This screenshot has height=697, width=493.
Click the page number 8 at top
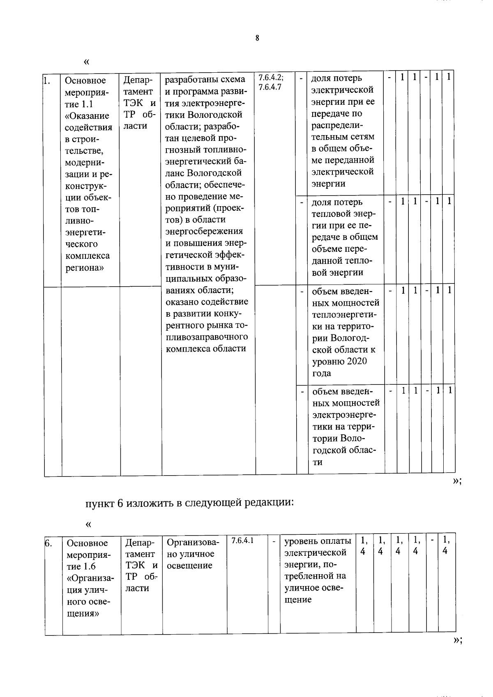257,38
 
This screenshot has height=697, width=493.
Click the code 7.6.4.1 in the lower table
242,541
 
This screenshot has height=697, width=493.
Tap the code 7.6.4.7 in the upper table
270,87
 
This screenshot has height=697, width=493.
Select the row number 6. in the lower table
48,543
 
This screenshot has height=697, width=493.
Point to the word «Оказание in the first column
87,116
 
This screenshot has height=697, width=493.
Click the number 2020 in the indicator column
356,361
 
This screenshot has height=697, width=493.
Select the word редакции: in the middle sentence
269,503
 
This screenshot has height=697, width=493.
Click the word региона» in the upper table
85,267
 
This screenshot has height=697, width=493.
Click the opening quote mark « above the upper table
86,62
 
